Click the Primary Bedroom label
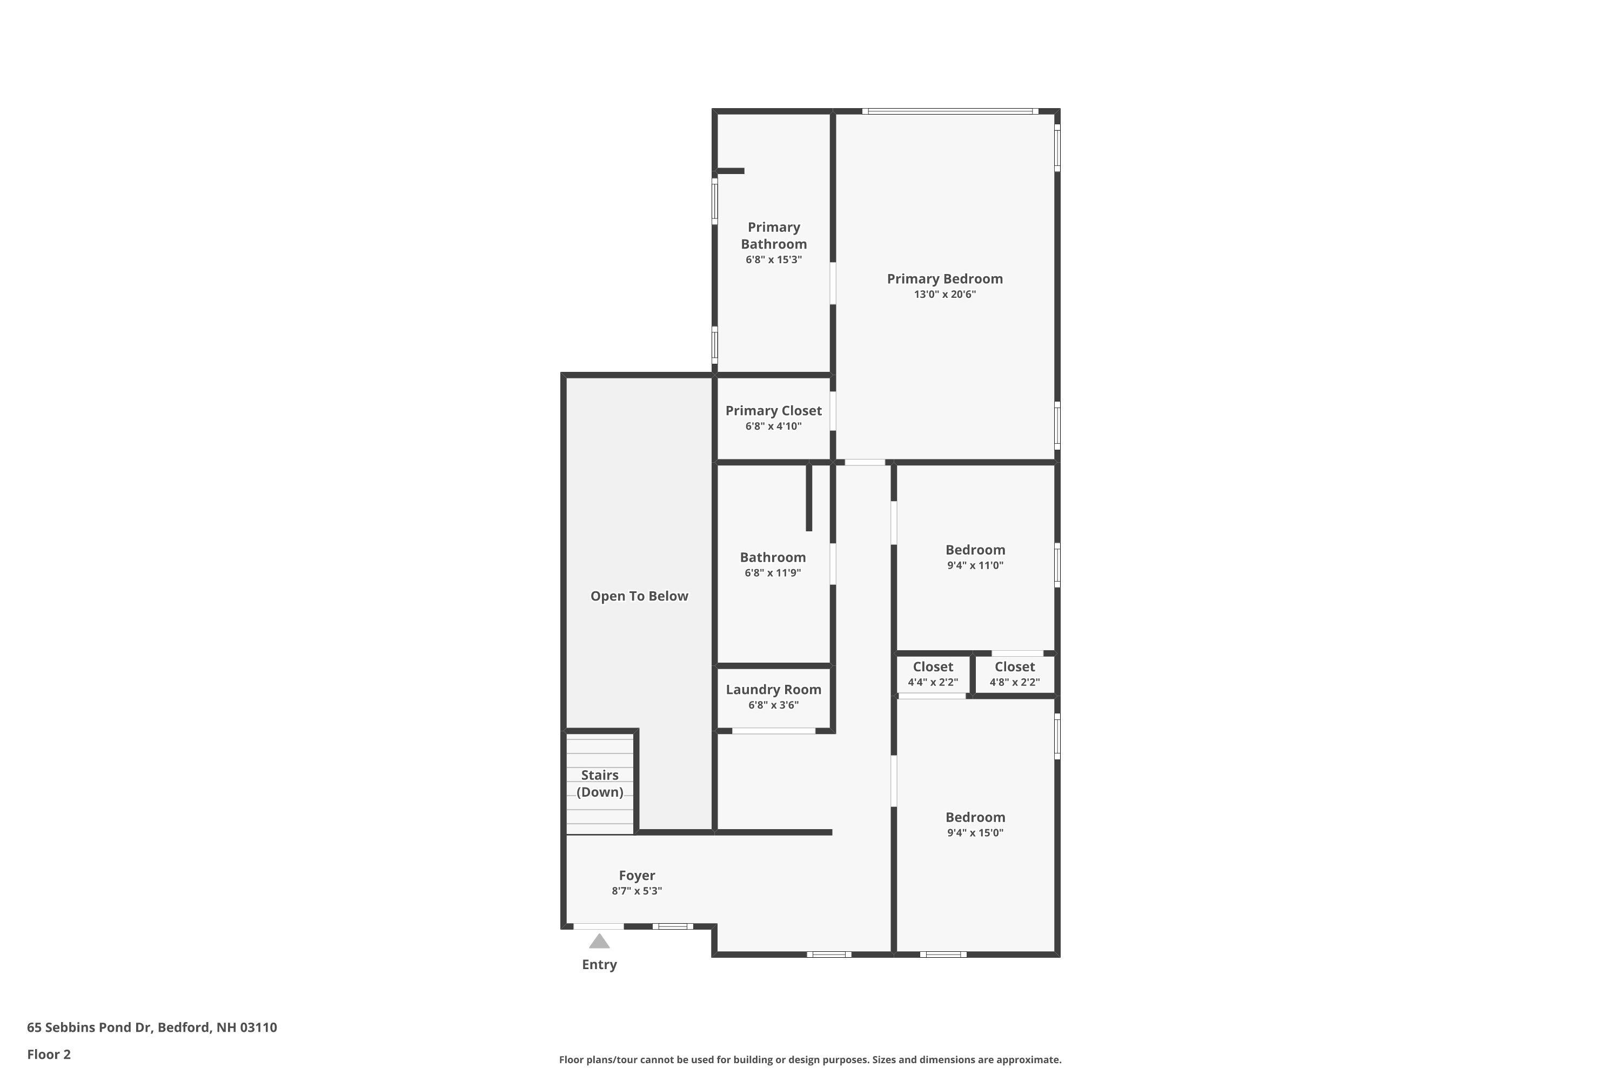(944, 278)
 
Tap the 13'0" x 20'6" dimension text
(944, 295)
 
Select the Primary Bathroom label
(773, 235)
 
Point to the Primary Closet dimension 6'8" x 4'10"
(773, 426)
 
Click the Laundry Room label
(773, 690)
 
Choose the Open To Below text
(639, 596)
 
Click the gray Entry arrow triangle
(599, 942)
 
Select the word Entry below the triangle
(599, 964)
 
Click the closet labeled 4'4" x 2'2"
(933, 674)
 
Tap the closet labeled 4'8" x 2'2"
(1015, 674)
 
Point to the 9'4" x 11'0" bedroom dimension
(975, 565)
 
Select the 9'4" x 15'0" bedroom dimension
(975, 833)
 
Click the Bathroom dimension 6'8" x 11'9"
(773, 573)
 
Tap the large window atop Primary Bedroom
(950, 111)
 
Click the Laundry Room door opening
(773, 731)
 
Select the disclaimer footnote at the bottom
(810, 1059)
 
